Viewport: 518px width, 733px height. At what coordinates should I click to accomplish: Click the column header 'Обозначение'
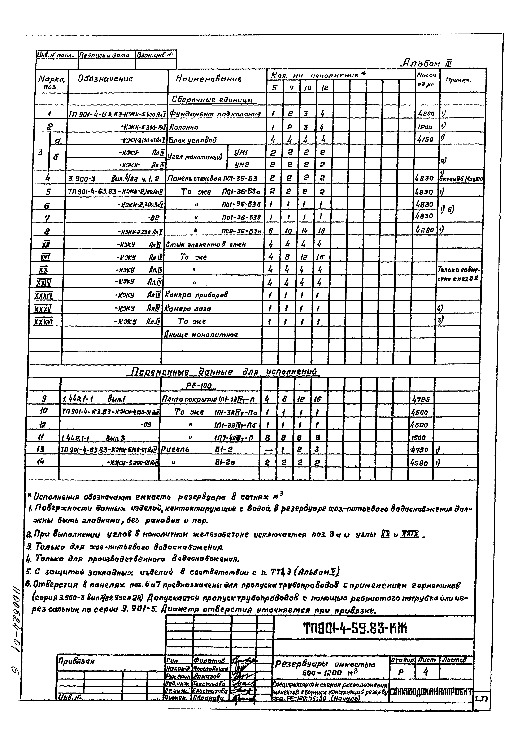105,79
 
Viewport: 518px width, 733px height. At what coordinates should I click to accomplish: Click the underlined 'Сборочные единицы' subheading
212,100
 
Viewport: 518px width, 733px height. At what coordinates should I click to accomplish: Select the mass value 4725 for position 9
421,399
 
